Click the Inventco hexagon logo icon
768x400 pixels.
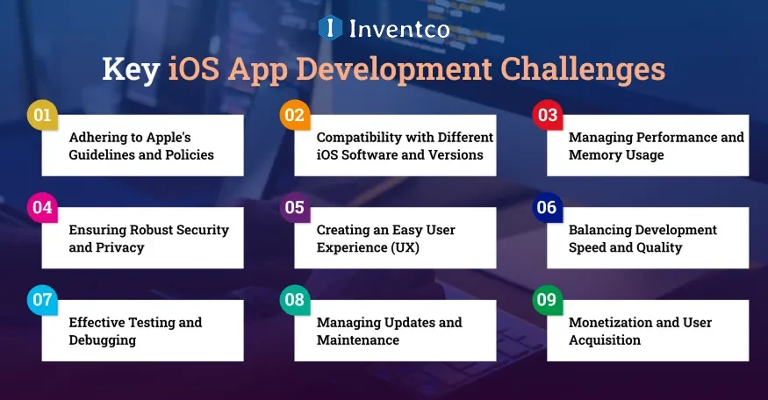[330, 28]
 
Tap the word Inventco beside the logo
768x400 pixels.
[399, 29]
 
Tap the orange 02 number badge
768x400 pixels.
[294, 115]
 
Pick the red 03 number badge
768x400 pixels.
[547, 115]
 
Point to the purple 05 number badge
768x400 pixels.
[294, 208]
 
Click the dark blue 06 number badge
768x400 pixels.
[547, 208]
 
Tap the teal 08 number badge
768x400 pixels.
[294, 300]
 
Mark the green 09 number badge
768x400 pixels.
[547, 300]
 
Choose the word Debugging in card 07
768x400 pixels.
[103, 340]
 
